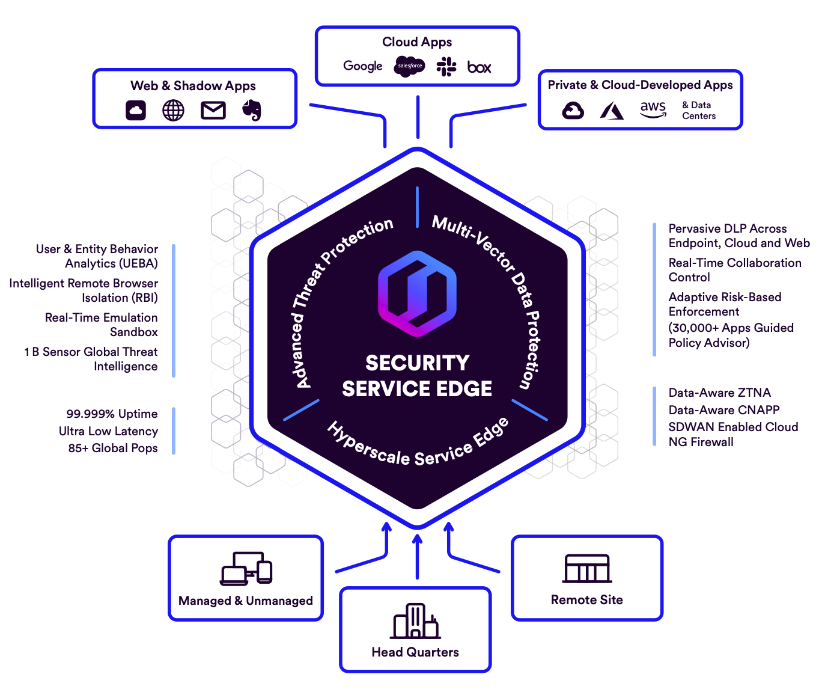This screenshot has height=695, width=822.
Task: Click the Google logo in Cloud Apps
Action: point(362,66)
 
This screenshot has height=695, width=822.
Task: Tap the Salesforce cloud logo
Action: point(409,66)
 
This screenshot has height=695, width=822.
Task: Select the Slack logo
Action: point(446,67)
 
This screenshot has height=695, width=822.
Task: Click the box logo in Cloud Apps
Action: point(479,67)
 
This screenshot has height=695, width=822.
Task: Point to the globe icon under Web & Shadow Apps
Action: point(173,110)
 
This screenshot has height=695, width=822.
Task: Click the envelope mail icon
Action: point(213,111)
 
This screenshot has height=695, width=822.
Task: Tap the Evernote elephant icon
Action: point(252,110)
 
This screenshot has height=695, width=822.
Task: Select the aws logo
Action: point(653,109)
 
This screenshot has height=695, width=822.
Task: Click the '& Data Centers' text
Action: point(698,111)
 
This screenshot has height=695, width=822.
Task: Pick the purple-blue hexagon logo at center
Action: point(417,293)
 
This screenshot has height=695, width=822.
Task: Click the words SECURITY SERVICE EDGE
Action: point(417,376)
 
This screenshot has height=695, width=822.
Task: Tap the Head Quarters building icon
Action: point(416,621)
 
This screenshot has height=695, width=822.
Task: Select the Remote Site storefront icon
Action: point(587,569)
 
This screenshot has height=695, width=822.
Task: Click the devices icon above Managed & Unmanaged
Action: point(246,569)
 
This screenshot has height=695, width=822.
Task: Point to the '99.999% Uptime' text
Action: point(112,414)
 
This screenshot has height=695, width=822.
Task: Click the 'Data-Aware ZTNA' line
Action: point(719,393)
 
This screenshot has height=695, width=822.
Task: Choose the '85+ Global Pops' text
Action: point(112,448)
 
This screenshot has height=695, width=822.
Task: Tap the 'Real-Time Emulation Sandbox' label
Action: point(102,325)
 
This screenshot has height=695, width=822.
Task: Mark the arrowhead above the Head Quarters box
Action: point(418,539)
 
